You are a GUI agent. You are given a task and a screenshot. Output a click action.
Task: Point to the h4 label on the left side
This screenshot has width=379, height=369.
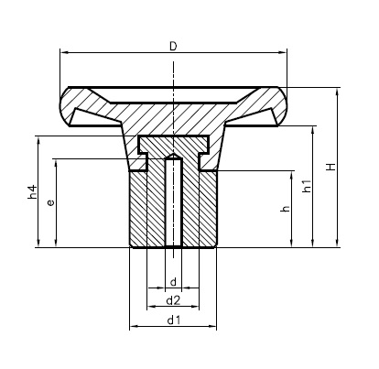point(33,192)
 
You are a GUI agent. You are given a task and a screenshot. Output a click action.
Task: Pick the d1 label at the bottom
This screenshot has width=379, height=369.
point(173,320)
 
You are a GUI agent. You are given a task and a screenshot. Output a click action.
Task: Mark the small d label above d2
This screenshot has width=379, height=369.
point(172,281)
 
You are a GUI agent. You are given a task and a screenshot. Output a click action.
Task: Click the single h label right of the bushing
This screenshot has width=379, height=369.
point(286,209)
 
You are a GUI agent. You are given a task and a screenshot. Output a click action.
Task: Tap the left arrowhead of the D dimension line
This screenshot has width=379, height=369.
point(62,52)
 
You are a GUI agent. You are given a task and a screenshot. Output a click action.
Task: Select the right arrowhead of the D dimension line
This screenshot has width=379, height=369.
point(285,52)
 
